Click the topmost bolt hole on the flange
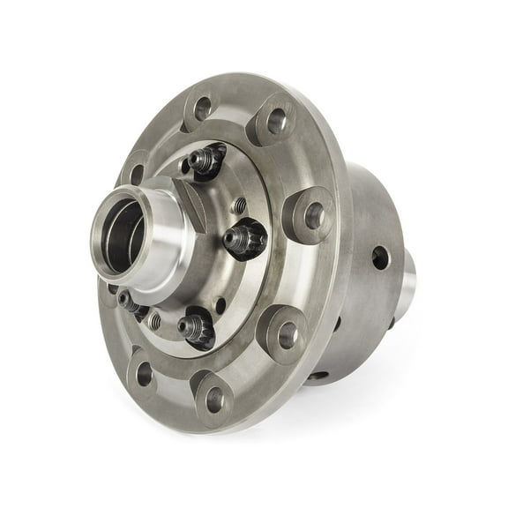coord(204,109)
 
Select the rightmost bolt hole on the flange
coord(315,213)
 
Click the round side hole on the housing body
coord(380,258)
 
